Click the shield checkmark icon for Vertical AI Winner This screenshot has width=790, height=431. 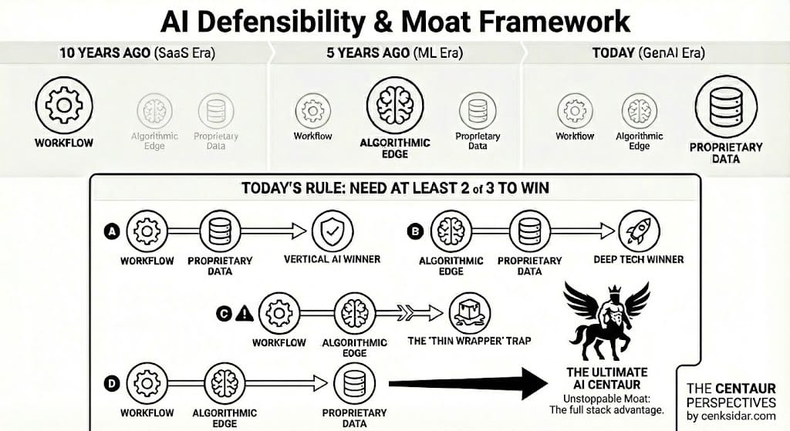pos(332,230)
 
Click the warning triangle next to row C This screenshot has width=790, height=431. pos(245,313)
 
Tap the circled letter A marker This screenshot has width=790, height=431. pos(111,230)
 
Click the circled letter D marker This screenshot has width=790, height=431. pos(111,383)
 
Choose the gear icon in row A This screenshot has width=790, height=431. pos(147,230)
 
